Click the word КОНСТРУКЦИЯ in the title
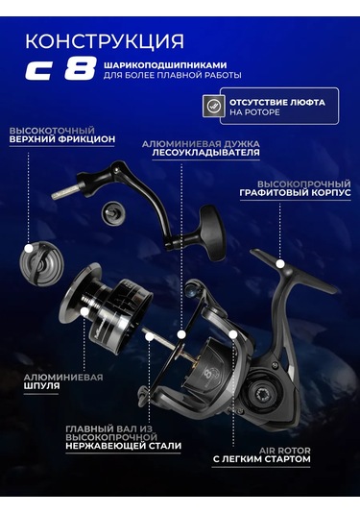point(103,40)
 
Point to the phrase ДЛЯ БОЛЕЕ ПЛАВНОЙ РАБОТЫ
point(172,75)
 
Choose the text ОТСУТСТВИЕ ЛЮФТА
point(276,101)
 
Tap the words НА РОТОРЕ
point(254,112)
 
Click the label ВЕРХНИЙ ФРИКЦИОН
point(61,139)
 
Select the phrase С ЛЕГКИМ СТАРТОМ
point(262,459)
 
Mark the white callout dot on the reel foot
point(279,261)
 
